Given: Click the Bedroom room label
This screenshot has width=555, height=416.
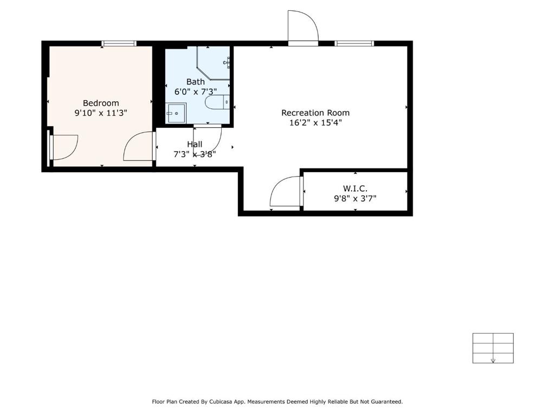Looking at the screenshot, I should tap(101, 103).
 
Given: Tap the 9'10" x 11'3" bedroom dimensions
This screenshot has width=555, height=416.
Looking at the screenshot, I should tap(101, 113).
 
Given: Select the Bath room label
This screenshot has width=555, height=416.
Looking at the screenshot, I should tap(196, 82).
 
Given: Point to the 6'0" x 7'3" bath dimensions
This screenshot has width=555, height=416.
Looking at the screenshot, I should tap(196, 92).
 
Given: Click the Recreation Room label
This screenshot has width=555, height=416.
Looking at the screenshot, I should tap(315, 113).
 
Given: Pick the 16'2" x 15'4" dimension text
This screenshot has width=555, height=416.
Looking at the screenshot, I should tap(315, 123).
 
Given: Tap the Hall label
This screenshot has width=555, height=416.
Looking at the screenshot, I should tap(195, 144).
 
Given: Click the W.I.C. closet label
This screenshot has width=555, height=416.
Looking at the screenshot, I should tap(355, 188).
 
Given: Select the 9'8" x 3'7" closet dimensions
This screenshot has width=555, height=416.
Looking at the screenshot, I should tap(355, 198).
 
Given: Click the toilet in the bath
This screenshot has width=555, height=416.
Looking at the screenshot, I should tap(218, 102).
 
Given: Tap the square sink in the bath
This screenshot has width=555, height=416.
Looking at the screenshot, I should tap(176, 113).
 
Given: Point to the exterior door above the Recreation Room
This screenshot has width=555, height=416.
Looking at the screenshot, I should tap(303, 27).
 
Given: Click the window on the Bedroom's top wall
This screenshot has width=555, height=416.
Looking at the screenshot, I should tap(119, 43).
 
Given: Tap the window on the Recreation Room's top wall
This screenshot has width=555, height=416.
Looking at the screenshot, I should tap(354, 43).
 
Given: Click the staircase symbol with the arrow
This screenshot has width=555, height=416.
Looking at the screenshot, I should tap(493, 348).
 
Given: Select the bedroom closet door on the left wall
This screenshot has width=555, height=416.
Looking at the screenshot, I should tap(63, 147).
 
